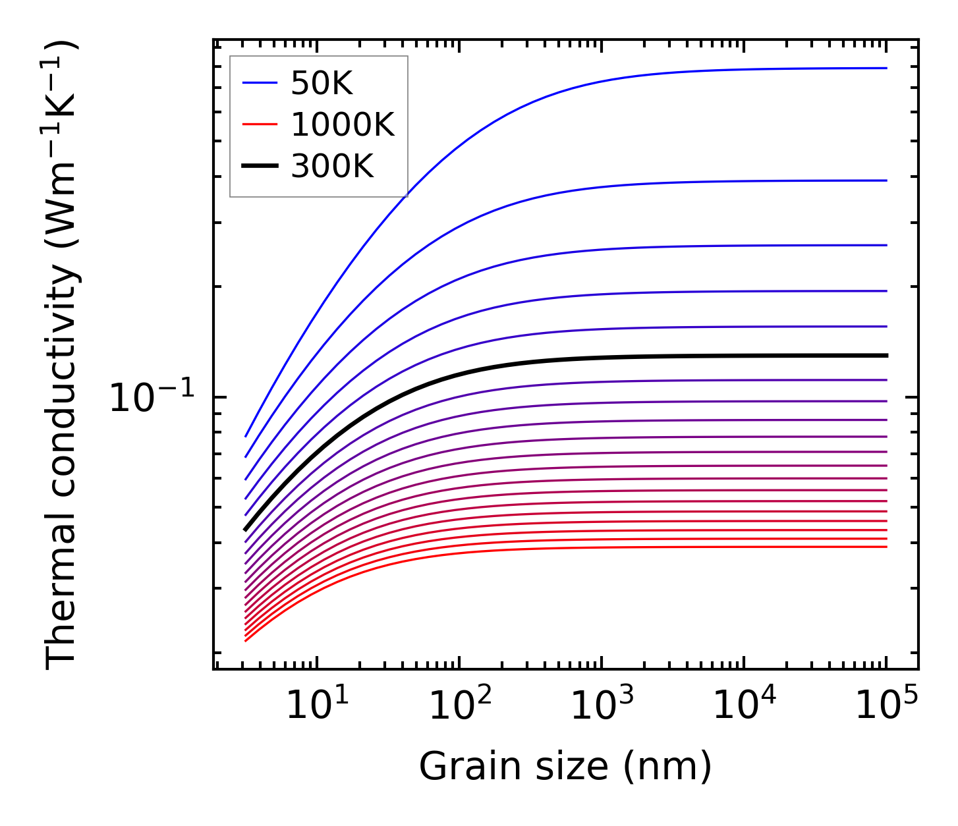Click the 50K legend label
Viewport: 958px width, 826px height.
pos(322,84)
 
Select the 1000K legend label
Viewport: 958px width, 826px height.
pos(343,125)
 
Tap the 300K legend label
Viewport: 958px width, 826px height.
pos(332,167)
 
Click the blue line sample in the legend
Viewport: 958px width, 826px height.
pos(260,84)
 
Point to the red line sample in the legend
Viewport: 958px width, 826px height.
pos(260,125)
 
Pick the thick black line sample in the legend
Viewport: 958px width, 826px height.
pos(260,167)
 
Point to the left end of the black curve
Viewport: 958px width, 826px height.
pos(245,529)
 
